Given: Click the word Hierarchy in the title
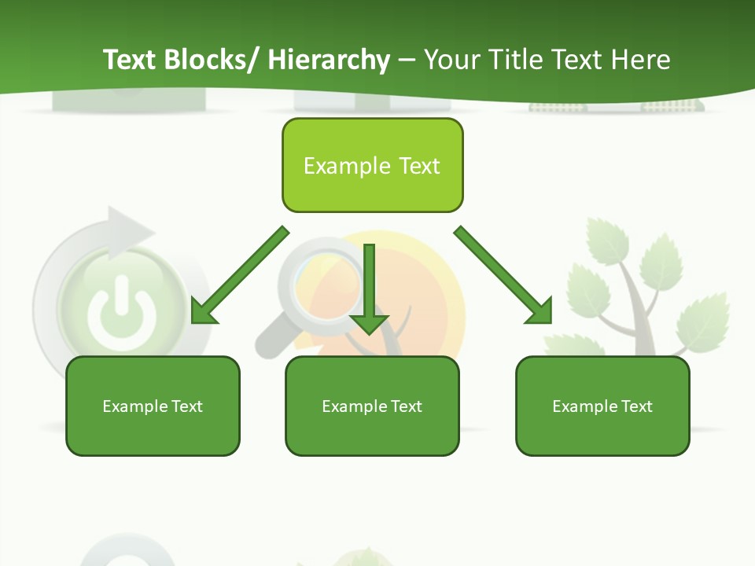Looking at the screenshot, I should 329,60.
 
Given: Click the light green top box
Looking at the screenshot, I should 372,166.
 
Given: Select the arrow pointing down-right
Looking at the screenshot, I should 504,275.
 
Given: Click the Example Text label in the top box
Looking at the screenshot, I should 372,166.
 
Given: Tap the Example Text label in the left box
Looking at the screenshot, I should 153,406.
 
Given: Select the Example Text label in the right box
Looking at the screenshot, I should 602,406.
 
